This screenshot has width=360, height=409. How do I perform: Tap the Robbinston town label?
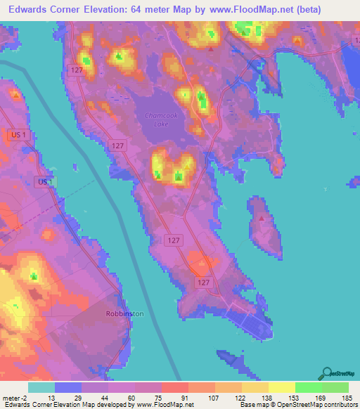[124, 313]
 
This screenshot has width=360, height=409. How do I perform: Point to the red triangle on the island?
[262, 218]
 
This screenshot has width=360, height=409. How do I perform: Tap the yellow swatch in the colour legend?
[281, 387]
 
